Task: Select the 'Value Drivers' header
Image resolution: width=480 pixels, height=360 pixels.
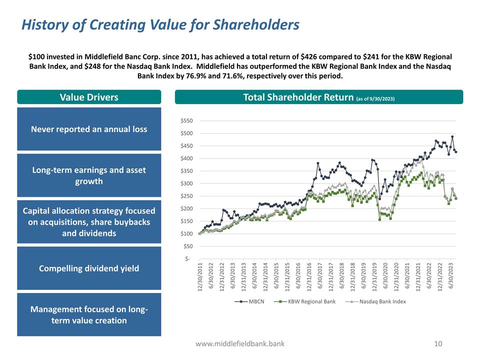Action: click(89, 97)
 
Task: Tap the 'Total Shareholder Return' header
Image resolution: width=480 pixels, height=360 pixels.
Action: click(298, 97)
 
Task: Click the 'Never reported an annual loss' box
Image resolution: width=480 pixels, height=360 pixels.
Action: click(89, 129)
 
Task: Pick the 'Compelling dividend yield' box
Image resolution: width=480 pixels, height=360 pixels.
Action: click(89, 268)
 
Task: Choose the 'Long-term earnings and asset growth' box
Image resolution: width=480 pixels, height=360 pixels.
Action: click(89, 175)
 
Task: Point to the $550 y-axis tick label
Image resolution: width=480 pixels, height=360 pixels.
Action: click(187, 121)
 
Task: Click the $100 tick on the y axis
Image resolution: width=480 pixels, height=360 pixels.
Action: click(187, 234)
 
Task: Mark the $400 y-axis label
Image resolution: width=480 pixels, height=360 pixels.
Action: click(187, 158)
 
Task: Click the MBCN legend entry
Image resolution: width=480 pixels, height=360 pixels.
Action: click(253, 301)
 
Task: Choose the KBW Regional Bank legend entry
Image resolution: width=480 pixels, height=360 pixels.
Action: click(310, 301)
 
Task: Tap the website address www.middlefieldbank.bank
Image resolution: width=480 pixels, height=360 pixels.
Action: click(240, 343)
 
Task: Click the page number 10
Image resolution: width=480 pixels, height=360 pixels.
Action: click(438, 343)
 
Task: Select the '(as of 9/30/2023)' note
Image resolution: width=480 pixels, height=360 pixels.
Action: click(375, 98)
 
